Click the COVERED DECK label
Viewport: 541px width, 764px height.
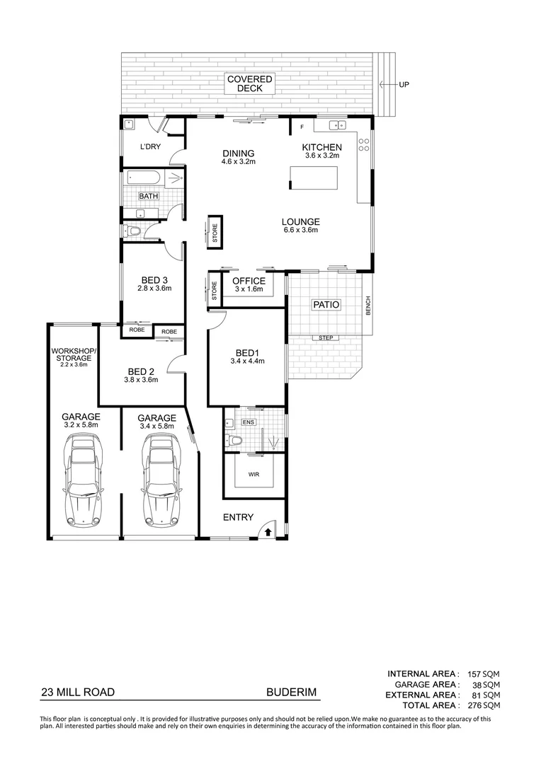(x=245, y=83)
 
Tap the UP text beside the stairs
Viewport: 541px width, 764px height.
(x=404, y=85)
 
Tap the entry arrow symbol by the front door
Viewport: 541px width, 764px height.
(x=268, y=531)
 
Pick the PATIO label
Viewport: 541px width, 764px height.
(x=326, y=305)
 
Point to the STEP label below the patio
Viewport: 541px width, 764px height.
(x=326, y=338)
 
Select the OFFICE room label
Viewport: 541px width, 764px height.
(x=249, y=281)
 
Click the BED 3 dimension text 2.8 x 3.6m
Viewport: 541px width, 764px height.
(x=154, y=289)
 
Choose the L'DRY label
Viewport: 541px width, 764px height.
(x=149, y=146)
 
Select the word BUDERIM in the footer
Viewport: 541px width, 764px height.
(x=291, y=693)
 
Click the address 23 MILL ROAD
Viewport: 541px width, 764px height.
(x=78, y=693)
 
